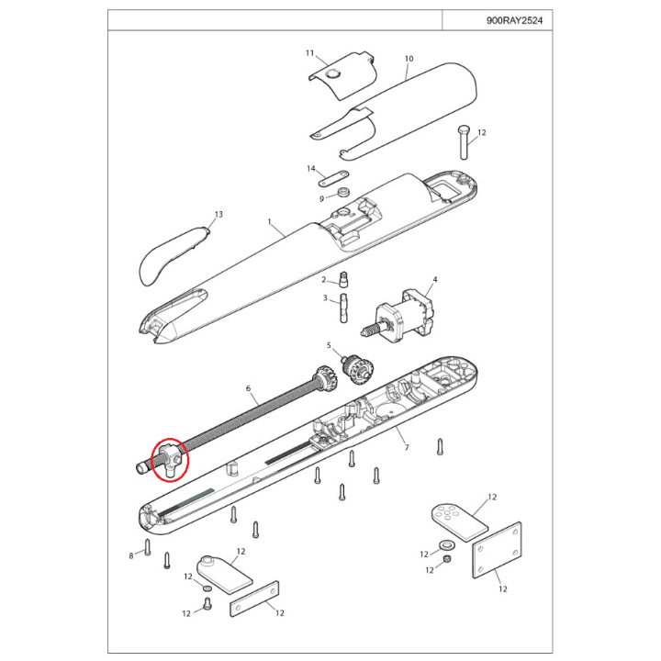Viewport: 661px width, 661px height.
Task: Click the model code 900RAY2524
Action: tap(514, 20)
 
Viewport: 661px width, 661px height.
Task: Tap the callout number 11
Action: tap(310, 53)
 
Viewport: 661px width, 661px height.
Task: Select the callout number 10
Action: tap(409, 59)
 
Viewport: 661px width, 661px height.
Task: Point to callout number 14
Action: tap(311, 169)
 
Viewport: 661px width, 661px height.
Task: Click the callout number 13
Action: tap(218, 214)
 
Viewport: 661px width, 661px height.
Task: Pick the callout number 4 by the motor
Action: tap(435, 279)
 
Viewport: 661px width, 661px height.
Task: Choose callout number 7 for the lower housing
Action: tap(407, 447)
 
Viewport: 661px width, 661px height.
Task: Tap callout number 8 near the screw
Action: tap(131, 556)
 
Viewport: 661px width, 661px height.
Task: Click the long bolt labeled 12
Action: tap(465, 142)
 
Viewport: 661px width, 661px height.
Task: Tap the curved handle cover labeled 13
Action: tap(173, 255)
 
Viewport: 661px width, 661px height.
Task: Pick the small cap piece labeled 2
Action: tap(343, 279)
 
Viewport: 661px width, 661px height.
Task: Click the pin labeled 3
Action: tap(343, 308)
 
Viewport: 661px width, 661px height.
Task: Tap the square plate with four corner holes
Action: tap(497, 550)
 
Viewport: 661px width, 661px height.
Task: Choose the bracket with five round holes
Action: tap(459, 521)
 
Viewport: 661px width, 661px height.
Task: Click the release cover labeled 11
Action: tap(342, 75)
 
